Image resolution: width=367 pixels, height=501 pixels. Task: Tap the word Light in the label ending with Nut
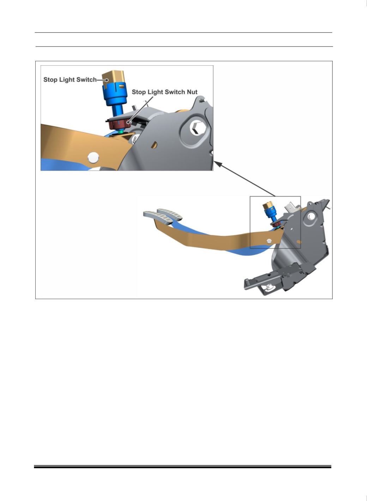[x=153, y=92]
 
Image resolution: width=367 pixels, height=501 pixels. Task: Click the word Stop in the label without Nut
[x=50, y=80]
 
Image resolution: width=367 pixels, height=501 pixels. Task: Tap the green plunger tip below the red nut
[x=121, y=132]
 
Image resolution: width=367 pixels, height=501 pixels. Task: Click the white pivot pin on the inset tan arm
[x=94, y=158]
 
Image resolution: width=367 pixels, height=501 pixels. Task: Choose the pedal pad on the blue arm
[x=170, y=214]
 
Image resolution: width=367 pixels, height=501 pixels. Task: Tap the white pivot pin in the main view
[x=269, y=241]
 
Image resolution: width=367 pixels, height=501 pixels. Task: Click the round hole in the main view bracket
[x=311, y=216]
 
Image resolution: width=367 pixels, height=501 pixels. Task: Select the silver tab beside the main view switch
[x=290, y=208]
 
